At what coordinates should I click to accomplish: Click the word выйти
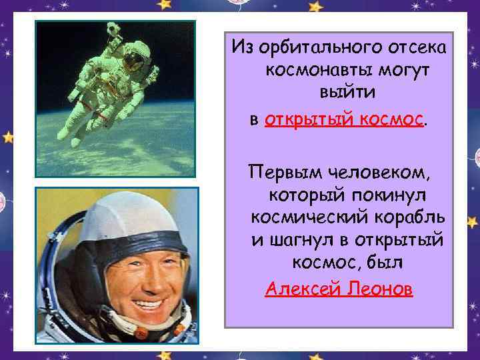point(338,93)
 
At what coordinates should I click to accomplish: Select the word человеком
point(379,175)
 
